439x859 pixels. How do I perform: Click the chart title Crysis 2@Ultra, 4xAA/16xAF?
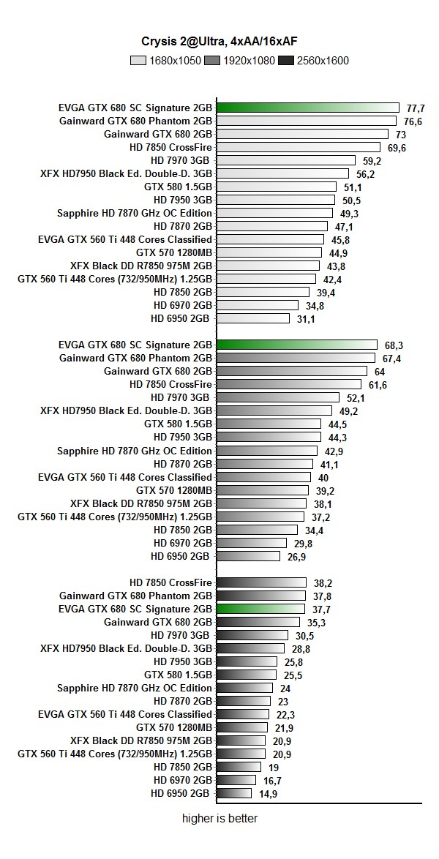pos(219,42)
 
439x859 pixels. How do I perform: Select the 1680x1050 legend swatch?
pos(139,61)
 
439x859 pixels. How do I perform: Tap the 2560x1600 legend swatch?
pos(286,61)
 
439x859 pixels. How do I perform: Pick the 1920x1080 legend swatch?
pos(212,61)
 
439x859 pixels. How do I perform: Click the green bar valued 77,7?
pos(308,108)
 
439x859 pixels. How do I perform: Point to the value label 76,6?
pos(413,121)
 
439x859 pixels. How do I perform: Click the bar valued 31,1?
pos(253,318)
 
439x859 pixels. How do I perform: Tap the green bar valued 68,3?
pos(297,345)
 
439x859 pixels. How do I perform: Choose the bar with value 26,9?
pos(249,556)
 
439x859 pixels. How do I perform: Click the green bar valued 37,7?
pos(261,609)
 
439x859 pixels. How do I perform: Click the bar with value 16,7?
pos(236,780)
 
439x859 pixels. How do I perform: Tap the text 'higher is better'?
pos(219,819)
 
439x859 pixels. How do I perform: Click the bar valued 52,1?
pos(278,397)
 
